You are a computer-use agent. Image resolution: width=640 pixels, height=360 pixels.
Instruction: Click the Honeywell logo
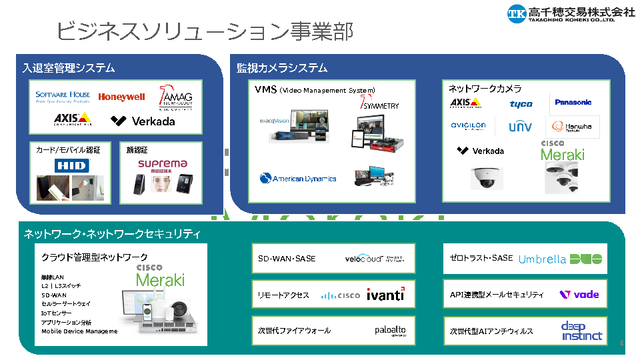pyautogui.click(x=121, y=97)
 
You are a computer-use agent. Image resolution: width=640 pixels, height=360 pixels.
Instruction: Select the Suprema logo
pyautogui.click(x=162, y=164)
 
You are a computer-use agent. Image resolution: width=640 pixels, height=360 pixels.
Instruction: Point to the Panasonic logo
pyautogui.click(x=573, y=102)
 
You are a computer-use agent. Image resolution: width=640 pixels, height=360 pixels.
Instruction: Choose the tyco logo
pyautogui.click(x=521, y=104)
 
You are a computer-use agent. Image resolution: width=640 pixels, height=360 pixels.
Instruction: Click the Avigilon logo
pyautogui.click(x=468, y=125)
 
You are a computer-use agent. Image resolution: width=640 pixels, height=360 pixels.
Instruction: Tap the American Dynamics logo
pyautogui.click(x=298, y=178)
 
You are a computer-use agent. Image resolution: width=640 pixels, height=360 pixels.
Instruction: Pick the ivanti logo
pyautogui.click(x=385, y=295)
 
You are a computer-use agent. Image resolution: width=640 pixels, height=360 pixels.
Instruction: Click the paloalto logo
pyautogui.click(x=389, y=330)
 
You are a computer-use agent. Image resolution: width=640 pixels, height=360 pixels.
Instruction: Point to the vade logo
pyautogui.click(x=579, y=294)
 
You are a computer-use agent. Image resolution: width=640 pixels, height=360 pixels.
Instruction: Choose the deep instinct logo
pyautogui.click(x=581, y=331)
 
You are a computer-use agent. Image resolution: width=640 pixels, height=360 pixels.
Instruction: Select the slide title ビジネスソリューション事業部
pyautogui.click(x=204, y=31)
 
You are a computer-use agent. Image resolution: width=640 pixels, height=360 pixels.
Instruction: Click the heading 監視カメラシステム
pyautogui.click(x=282, y=68)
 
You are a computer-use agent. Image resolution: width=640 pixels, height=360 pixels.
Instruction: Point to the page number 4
pyautogui.click(x=621, y=343)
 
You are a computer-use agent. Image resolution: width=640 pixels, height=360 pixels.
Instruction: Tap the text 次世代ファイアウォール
pyautogui.click(x=294, y=331)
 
